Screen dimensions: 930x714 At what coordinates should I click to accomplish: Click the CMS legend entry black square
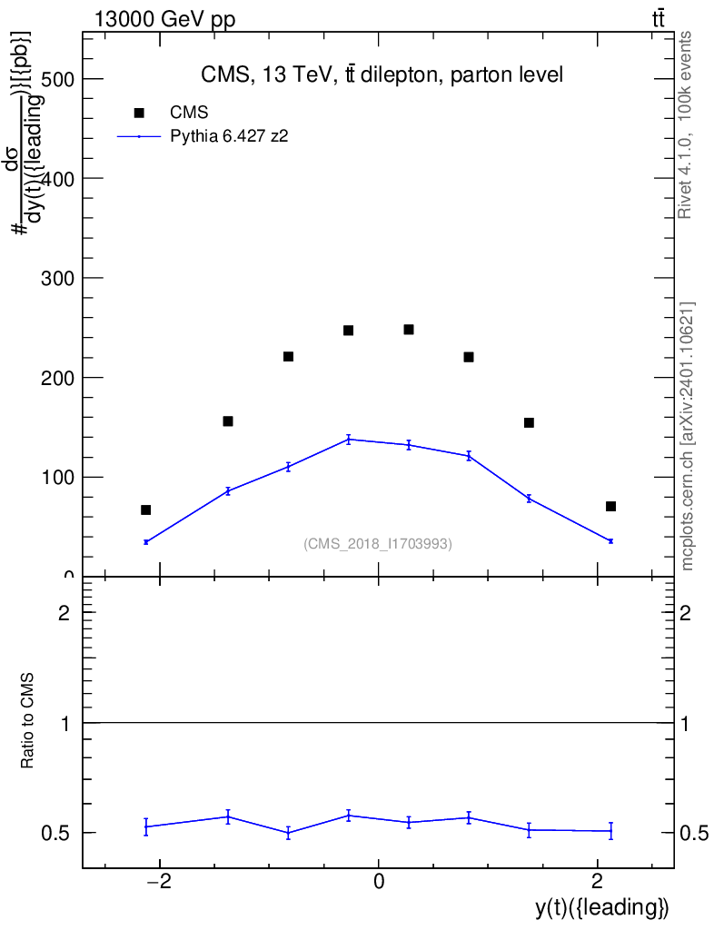pyautogui.click(x=139, y=113)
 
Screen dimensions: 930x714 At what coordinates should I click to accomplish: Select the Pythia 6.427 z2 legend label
pyautogui.click(x=230, y=136)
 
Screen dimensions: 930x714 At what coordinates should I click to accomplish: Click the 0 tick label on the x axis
pyautogui.click(x=378, y=881)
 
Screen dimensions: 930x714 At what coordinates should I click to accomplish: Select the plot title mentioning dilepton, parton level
pyautogui.click(x=382, y=75)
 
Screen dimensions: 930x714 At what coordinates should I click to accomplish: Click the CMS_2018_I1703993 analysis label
pyautogui.click(x=378, y=544)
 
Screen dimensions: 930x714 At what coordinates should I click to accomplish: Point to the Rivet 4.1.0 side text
pyautogui.click(x=686, y=124)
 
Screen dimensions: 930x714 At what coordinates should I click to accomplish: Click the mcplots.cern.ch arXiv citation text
pyautogui.click(x=688, y=436)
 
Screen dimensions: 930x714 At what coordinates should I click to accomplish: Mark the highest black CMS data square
pyautogui.click(x=409, y=329)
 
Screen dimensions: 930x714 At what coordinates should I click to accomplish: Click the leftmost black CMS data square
pyautogui.click(x=145, y=510)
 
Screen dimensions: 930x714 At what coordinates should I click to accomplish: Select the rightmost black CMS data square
pyautogui.click(x=610, y=506)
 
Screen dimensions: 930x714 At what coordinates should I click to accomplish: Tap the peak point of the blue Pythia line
pyautogui.click(x=348, y=440)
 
